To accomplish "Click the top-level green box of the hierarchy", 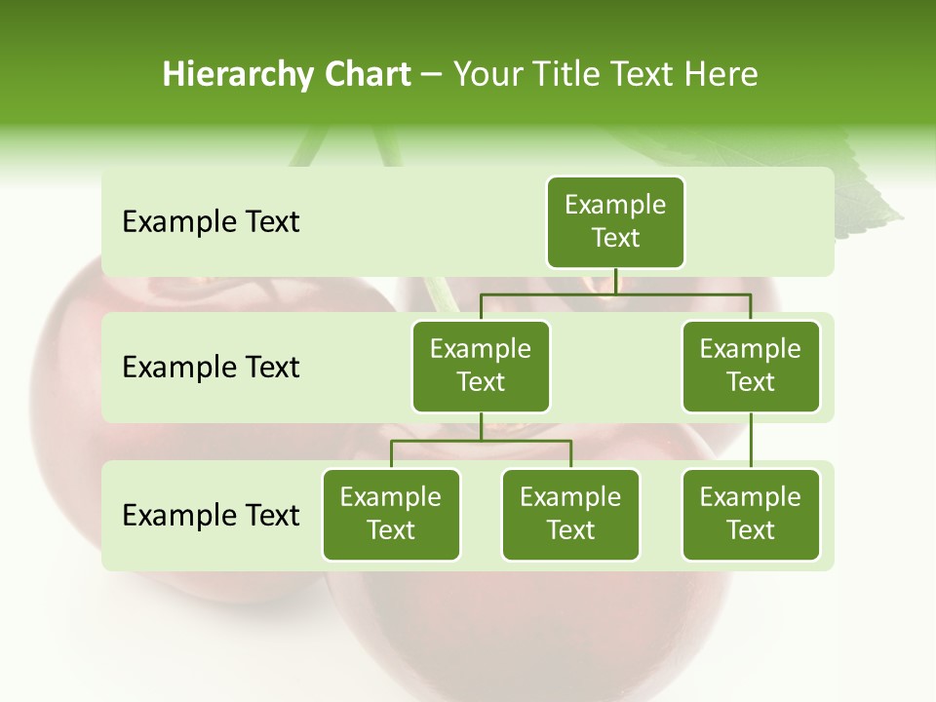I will [615, 221].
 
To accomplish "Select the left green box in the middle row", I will [481, 366].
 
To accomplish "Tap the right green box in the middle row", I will [751, 366].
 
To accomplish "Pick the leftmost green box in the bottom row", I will [391, 514].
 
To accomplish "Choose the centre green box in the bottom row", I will [570, 514].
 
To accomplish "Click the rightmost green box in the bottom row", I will [751, 514].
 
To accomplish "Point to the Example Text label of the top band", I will [211, 222].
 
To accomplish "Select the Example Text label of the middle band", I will [211, 368].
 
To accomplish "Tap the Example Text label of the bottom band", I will [211, 515].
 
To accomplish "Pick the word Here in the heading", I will [721, 74].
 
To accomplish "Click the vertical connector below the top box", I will [615, 281].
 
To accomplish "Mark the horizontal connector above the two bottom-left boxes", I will [481, 441].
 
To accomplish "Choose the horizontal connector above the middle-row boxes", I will [615, 292].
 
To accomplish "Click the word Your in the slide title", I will [487, 74].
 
